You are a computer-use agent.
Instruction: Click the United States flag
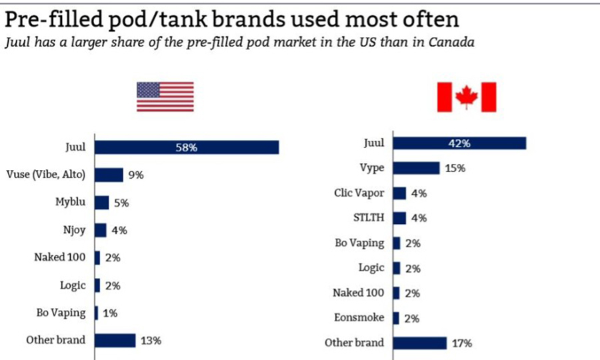point(165,97)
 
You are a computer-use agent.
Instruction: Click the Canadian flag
point(466,97)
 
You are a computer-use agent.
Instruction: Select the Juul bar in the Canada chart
point(459,143)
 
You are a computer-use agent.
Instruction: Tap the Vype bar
point(416,168)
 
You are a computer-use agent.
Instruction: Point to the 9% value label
point(136,175)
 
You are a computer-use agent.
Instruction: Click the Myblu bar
point(102,203)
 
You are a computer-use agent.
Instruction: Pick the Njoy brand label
point(73,230)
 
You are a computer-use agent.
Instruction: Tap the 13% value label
point(151,340)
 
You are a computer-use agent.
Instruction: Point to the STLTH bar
point(399,218)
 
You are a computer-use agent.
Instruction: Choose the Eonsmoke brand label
point(359,318)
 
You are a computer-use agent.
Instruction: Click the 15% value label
point(455,168)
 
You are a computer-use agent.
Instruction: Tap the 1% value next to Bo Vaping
point(111,313)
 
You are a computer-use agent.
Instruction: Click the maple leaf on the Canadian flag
point(466,97)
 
